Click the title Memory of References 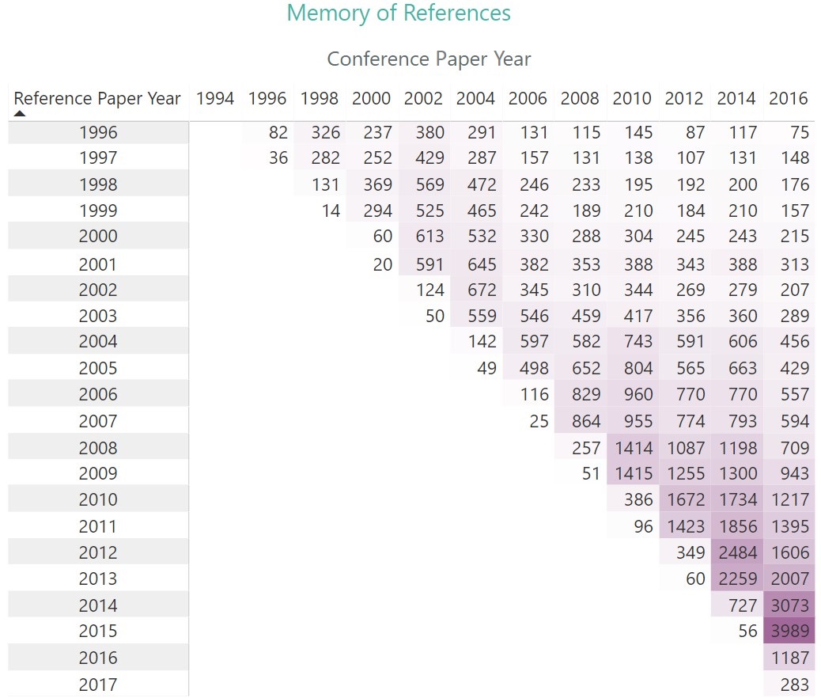399,13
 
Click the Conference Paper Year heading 429,59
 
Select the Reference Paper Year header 97,99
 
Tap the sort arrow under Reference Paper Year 20,114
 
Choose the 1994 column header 215,99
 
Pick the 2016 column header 789,99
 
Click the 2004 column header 475,99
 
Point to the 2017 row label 98,685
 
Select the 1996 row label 98,133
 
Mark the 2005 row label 98,368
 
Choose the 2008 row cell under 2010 634,448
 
